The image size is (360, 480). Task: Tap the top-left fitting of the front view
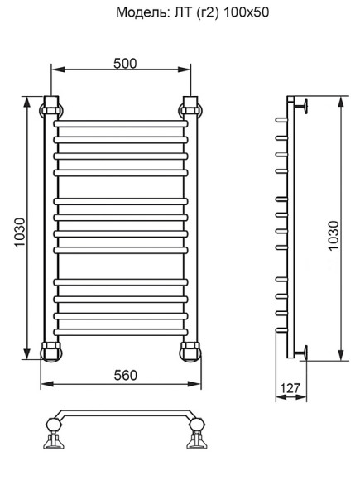[51, 106]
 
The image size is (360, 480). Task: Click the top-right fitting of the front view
[190, 106]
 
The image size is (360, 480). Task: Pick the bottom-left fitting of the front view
[51, 350]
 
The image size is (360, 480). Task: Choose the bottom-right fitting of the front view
[190, 350]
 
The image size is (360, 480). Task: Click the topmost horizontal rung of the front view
[121, 126]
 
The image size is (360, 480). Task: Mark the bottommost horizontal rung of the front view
[121, 329]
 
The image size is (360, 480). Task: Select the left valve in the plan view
[55, 431]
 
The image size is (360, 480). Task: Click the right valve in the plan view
[197, 431]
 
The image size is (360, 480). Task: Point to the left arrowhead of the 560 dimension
[46, 384]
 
